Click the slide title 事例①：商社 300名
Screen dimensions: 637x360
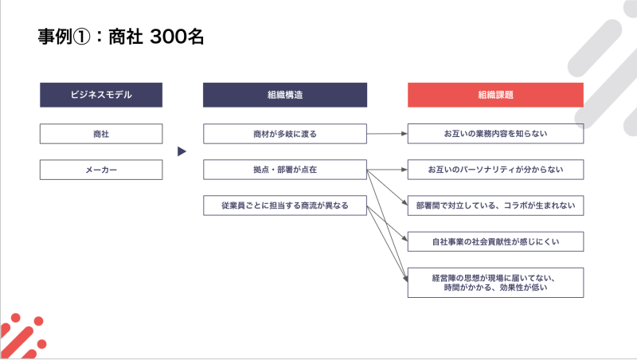pos(121,37)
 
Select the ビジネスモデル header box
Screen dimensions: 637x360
pos(101,95)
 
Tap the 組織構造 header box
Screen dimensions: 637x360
pos(285,95)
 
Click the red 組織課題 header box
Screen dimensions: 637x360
pos(495,95)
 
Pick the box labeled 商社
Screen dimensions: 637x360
pos(101,134)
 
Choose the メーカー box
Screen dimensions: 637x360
pos(101,170)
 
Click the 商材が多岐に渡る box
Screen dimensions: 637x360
pos(285,134)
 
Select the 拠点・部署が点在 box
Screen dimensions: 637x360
pos(285,170)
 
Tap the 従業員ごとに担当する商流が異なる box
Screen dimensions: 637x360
pos(285,205)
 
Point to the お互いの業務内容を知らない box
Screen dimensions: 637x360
pos(495,134)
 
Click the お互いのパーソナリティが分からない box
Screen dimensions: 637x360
pos(495,170)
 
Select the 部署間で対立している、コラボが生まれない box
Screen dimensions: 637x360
pos(495,205)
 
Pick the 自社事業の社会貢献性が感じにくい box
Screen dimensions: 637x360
pos(495,242)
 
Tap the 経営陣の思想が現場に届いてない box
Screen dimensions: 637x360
pos(495,283)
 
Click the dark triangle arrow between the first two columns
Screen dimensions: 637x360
pos(182,151)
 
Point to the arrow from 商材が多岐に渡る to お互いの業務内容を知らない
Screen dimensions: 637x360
pos(387,134)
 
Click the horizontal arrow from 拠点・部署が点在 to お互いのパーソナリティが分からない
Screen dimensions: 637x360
pos(387,170)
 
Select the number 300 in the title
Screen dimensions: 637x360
pos(168,37)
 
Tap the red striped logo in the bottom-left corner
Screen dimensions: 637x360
pos(22,336)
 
